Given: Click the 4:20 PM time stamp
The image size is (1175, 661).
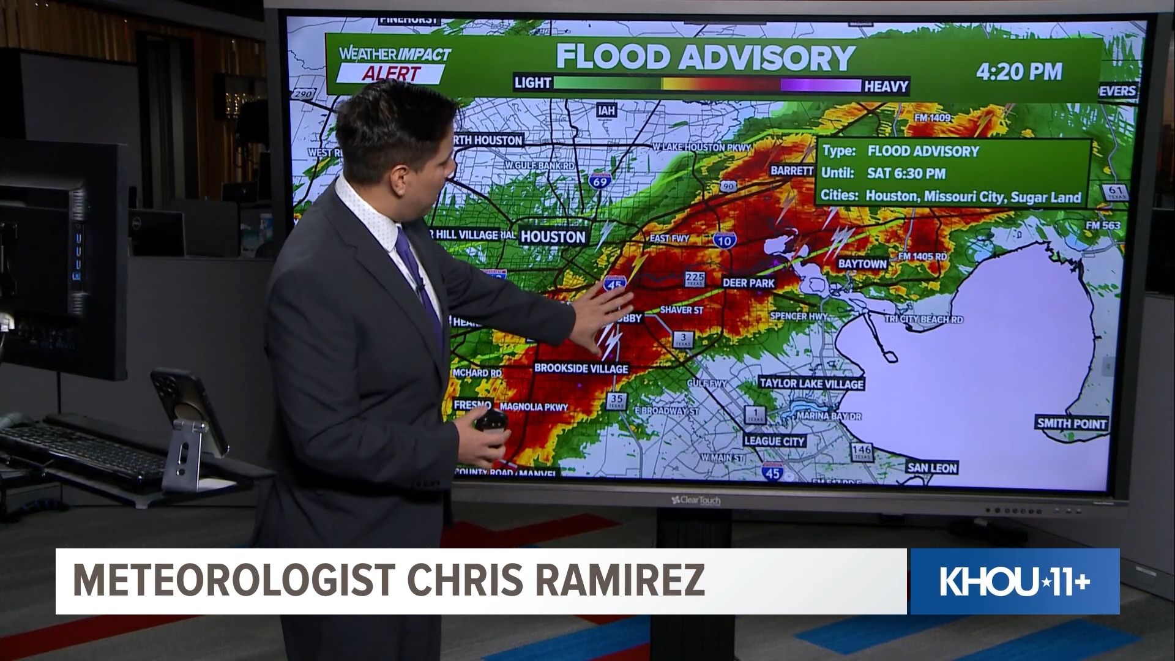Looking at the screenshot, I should (1018, 72).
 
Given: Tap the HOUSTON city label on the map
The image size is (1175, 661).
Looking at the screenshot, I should (553, 236).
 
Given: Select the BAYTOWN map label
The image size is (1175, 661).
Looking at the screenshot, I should (862, 264).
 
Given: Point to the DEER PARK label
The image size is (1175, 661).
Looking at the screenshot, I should (748, 283).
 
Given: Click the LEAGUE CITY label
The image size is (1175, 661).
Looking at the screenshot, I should (774, 441).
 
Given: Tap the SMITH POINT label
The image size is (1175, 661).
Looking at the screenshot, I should (1071, 423).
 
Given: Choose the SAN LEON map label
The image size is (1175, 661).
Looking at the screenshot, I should (931, 468).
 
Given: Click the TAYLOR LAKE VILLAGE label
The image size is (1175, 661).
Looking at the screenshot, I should (811, 384).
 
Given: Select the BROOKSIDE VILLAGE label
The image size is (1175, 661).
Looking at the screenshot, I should (581, 368).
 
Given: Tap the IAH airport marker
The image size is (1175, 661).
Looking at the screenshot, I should (607, 110).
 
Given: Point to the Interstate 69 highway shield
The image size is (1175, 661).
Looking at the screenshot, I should (600, 181).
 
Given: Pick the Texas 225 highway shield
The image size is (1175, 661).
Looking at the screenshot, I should (695, 279).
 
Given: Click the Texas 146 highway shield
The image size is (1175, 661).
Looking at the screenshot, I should (861, 452).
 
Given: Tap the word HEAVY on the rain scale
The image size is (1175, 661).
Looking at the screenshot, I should (886, 86).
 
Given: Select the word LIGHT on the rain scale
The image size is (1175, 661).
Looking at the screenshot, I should (532, 83).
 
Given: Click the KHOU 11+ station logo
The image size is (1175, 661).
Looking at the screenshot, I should (1014, 581).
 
